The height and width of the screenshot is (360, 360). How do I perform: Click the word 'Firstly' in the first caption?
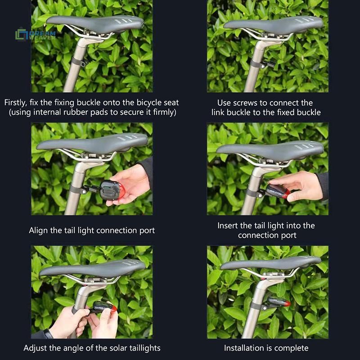click(x=16, y=103)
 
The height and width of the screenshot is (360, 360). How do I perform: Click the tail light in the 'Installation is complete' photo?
click(x=279, y=302)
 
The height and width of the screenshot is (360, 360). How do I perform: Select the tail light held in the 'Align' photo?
click(x=112, y=190)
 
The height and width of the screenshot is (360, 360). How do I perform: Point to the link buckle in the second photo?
click(x=269, y=63)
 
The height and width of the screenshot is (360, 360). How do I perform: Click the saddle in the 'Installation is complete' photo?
click(x=271, y=264)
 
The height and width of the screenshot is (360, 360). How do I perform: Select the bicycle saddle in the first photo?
click(x=95, y=23)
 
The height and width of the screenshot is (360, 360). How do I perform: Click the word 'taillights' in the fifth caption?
click(x=145, y=348)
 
